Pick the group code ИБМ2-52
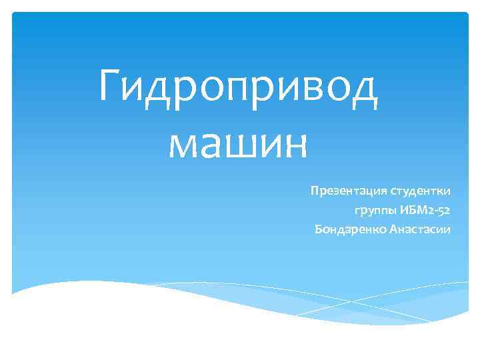coord(425,211)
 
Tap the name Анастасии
coord(419,230)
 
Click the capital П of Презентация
coord(313,191)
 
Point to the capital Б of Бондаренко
coord(317,230)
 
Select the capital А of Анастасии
coord(393,230)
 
